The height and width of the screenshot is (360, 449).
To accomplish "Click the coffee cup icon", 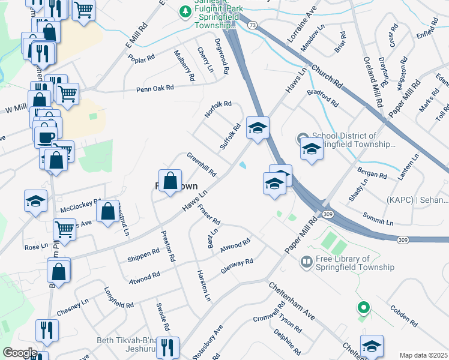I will [x=46, y=138].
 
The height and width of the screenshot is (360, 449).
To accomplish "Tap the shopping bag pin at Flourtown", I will [x=170, y=181].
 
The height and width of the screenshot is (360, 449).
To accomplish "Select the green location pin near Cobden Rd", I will [x=363, y=308].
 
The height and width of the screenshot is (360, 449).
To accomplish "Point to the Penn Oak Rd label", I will [x=155, y=88].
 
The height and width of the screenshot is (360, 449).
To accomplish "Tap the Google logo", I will [x=19, y=353].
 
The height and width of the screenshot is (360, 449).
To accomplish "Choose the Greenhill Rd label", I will [x=202, y=164].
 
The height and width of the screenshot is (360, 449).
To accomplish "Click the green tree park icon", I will [x=185, y=11].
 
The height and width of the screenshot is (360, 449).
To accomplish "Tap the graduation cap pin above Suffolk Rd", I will [x=258, y=128].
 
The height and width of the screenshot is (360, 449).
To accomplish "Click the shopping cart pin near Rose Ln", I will [x=64, y=229].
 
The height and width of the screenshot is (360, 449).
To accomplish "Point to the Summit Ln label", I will [x=378, y=219].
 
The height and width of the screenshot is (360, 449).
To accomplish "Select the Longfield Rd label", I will [x=119, y=300].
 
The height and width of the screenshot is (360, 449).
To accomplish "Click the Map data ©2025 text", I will [x=423, y=355].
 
